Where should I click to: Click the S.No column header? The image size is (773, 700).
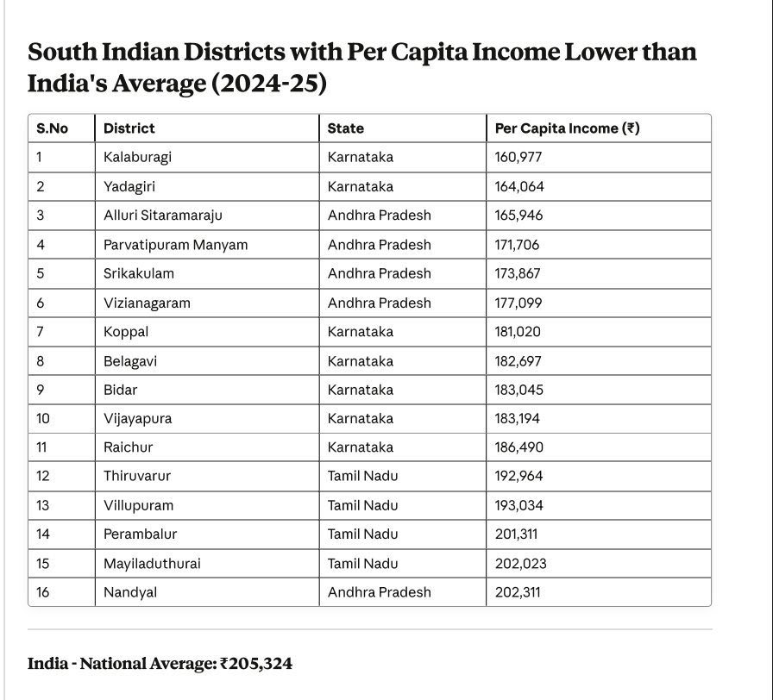[52, 128]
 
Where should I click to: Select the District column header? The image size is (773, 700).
[129, 128]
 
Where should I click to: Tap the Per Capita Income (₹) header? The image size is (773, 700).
[567, 128]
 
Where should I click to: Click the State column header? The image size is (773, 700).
[345, 128]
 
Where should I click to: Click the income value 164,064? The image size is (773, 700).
[519, 186]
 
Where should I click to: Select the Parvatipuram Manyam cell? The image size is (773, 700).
[175, 245]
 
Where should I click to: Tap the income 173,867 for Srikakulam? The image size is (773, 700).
[518, 273]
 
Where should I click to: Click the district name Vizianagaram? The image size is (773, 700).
[147, 303]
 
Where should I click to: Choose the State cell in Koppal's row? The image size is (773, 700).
[360, 332]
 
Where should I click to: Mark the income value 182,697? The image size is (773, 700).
[518, 361]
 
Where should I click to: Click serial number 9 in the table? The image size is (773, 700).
[41, 390]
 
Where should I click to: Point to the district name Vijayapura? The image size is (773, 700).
[137, 419]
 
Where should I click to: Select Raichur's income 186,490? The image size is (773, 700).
[519, 447]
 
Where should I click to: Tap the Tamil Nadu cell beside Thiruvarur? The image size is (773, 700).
[362, 476]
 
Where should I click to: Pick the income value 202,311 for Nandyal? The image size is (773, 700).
[518, 592]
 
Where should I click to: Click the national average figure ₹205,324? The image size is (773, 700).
[256, 664]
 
